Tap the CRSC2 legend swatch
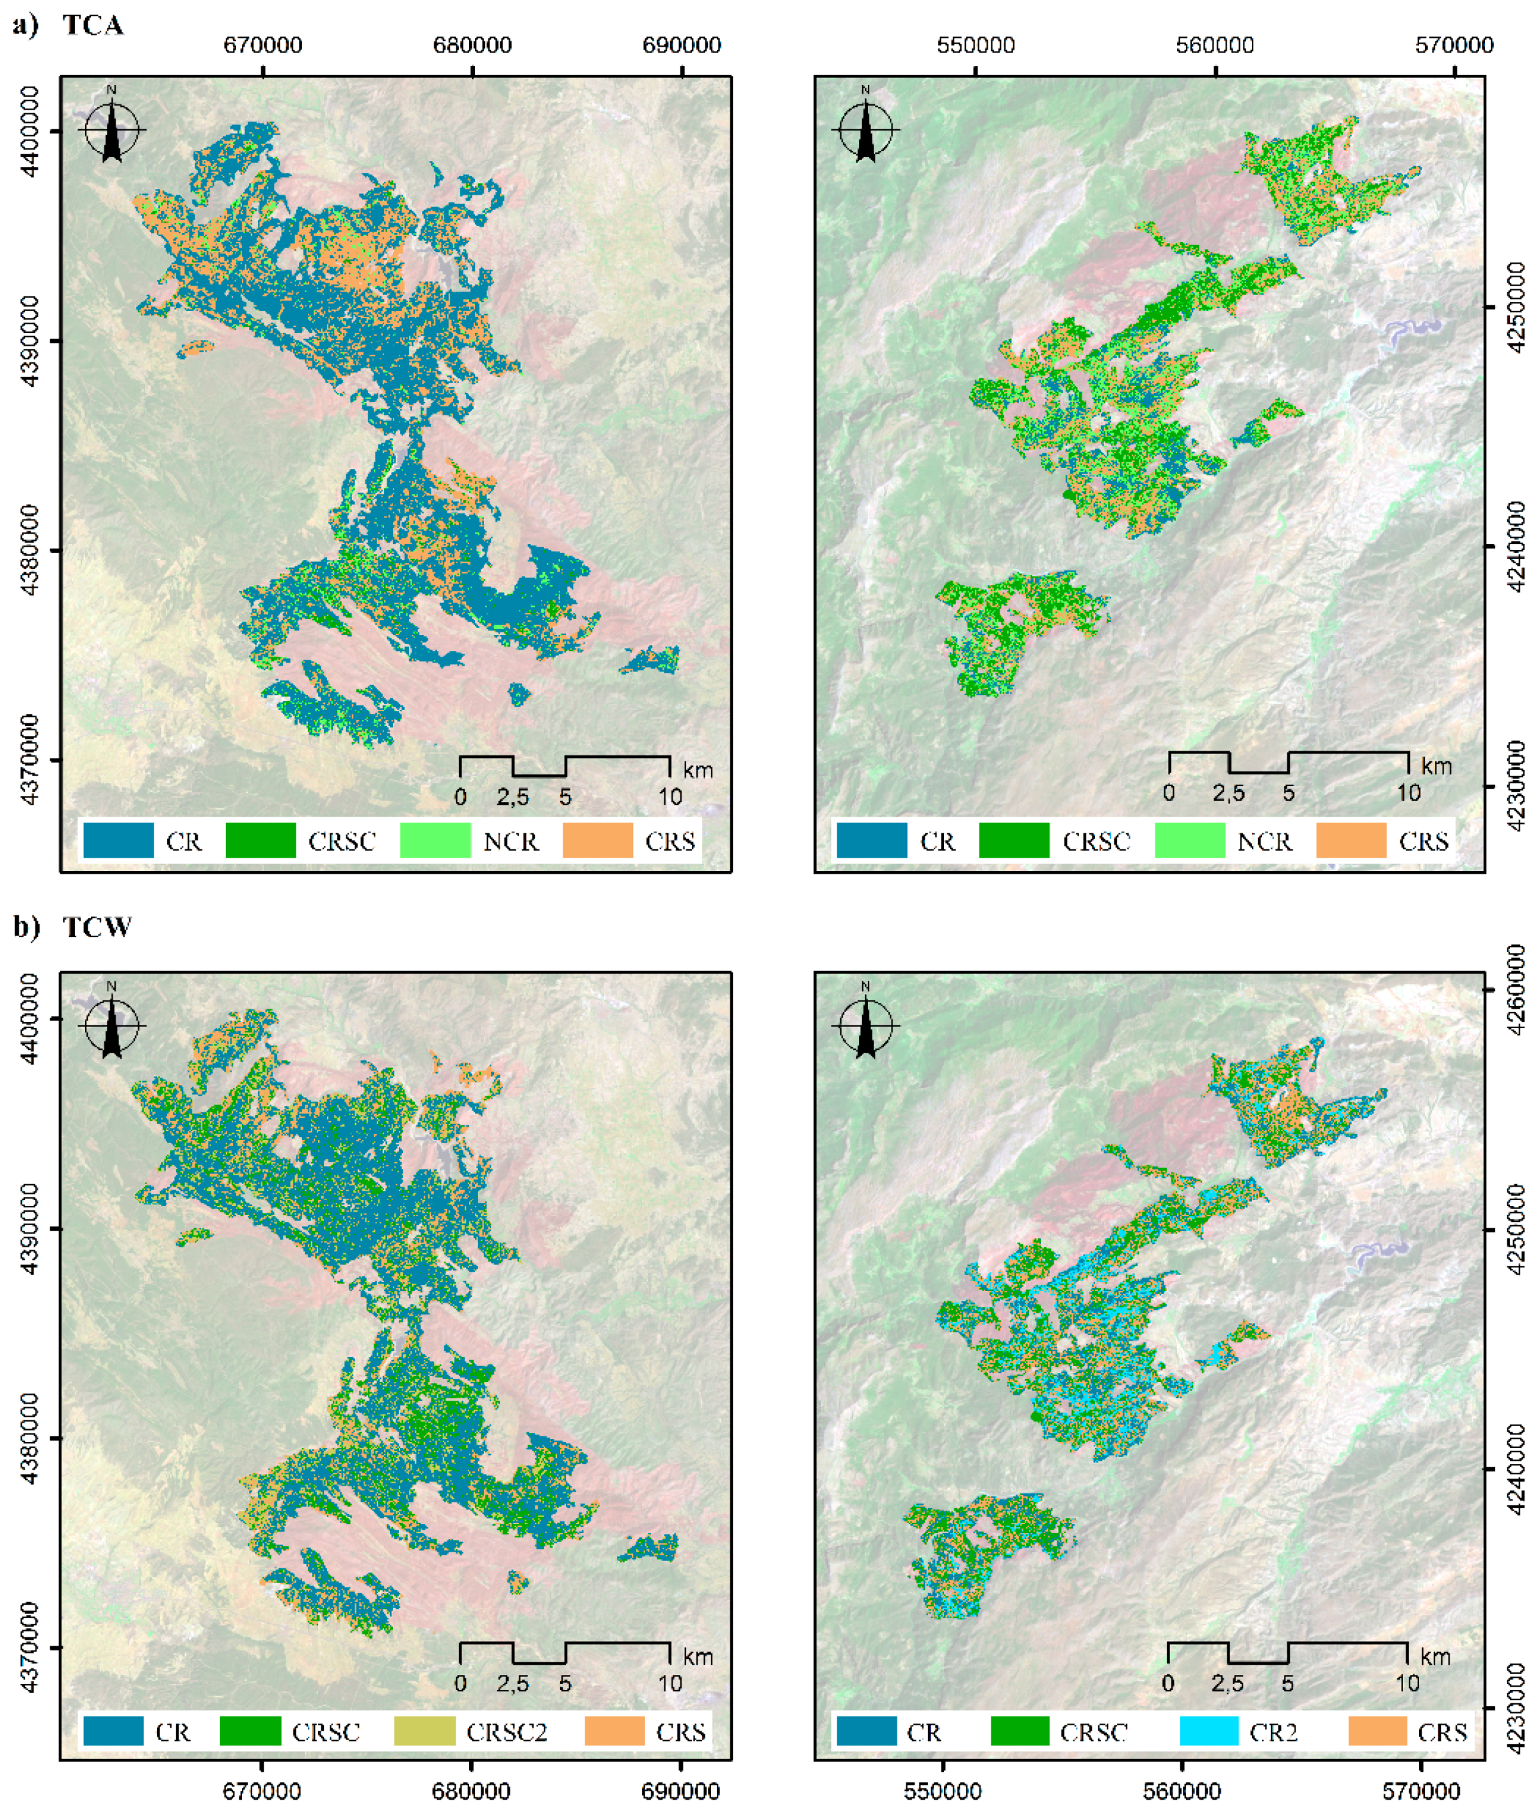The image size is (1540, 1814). coord(424,1731)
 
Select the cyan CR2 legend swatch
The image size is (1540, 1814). coord(1208,1731)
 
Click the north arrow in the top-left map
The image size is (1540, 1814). coord(111,127)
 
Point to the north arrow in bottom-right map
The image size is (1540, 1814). coord(865,1024)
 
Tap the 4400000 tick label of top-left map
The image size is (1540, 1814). coord(31,131)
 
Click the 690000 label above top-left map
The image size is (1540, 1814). coord(681,45)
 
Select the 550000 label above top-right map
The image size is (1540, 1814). coord(975,45)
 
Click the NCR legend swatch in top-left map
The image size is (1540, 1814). coord(435,840)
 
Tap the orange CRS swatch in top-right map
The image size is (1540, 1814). coord(1350,840)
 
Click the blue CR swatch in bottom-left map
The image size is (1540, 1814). coord(113,1731)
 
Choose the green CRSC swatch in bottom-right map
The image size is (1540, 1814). coord(1020,1731)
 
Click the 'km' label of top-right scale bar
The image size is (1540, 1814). coord(1436,766)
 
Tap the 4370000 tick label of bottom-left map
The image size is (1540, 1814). coord(31,1648)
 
